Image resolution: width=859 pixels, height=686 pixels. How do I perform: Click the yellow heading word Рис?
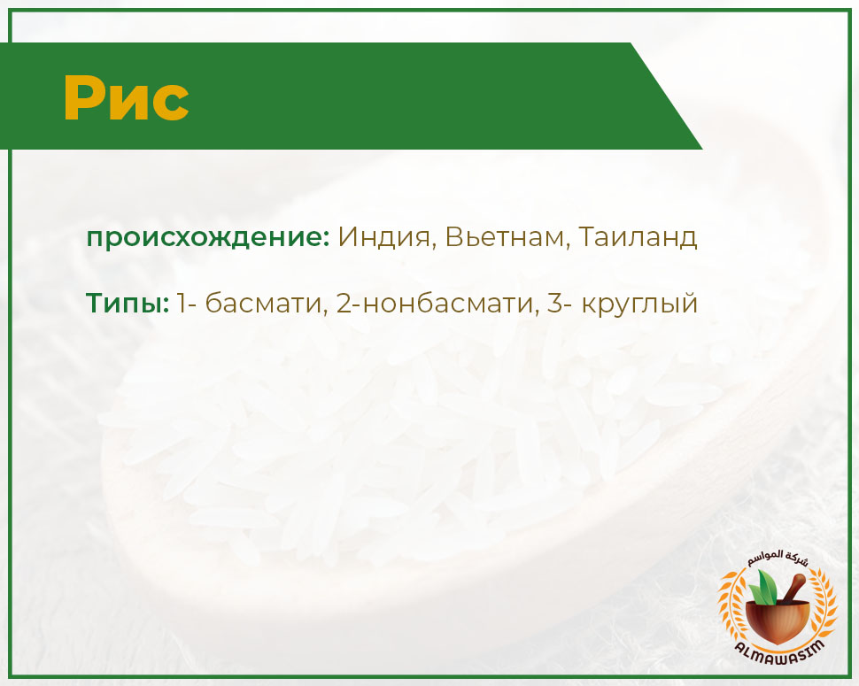(x=126, y=98)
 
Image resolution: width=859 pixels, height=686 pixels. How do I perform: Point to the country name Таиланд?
(x=638, y=237)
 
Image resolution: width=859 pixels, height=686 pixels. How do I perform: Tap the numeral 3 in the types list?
(x=555, y=303)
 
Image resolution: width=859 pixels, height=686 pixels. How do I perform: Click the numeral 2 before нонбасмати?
(x=344, y=303)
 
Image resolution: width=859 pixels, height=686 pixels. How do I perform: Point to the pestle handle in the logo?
(x=793, y=588)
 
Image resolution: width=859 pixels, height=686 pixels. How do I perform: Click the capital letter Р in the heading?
(x=85, y=98)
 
